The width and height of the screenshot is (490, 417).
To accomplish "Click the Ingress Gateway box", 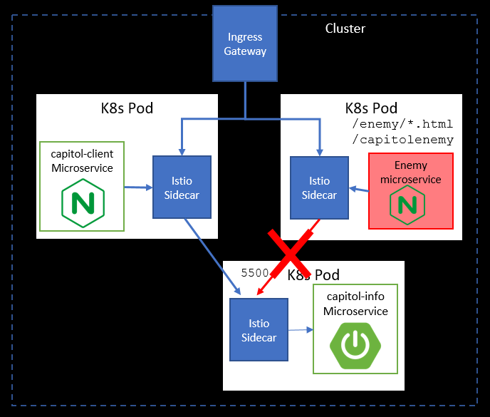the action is coord(245,43).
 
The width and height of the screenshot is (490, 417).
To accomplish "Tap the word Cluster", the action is coord(345,29).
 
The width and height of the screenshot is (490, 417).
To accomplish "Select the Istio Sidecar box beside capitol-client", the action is coord(182,187).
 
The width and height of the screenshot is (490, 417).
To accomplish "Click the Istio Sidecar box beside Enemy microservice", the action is coord(319,187).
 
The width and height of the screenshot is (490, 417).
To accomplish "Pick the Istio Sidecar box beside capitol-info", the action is coord(259,330).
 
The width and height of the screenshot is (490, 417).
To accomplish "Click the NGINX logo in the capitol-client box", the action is coord(83,203).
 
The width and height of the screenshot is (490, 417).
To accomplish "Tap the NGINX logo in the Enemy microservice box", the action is coord(407,205).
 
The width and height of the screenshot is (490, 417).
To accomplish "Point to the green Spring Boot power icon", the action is coord(355,346).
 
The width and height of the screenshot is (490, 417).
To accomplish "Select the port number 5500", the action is coord(255,273).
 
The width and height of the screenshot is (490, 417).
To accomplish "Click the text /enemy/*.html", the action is coord(402,124).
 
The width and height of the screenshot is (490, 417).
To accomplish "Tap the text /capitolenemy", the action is coord(402,140).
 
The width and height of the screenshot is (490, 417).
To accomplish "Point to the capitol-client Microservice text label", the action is coord(82,161).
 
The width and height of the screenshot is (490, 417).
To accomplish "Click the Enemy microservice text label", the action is coord(411,172).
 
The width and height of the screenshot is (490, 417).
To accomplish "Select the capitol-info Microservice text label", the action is coord(355,304).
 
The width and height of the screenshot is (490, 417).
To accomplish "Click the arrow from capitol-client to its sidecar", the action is coord(138,187).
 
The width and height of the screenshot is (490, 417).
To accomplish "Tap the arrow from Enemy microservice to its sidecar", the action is coord(359,190).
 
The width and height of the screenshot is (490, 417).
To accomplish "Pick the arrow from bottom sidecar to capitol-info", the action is coord(301,330).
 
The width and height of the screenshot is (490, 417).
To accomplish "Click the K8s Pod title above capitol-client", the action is coord(127,108).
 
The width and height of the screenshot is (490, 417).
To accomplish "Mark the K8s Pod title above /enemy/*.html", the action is coord(371,108).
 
